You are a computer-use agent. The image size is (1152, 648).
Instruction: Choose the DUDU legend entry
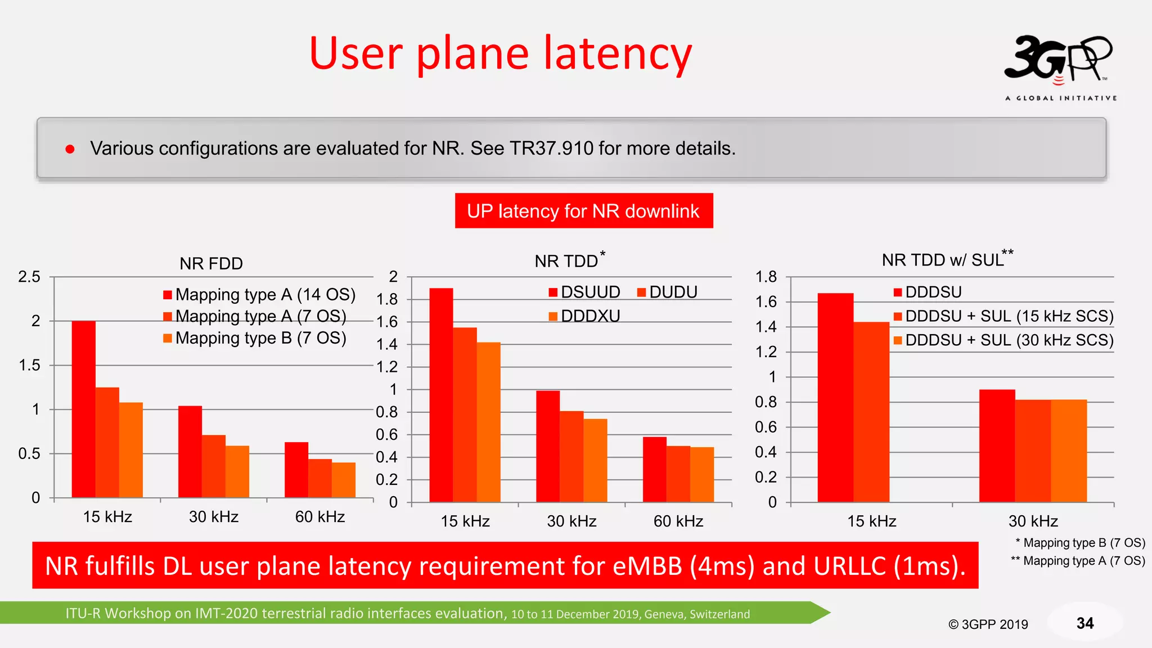click(668, 292)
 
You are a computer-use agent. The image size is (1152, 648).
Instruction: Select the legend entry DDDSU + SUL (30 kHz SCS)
click(1003, 340)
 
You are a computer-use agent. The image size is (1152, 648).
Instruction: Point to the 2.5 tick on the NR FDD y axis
click(29, 277)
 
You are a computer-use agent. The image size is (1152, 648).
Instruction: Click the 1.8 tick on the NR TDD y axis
click(387, 299)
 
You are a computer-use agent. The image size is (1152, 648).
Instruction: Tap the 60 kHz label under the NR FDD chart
click(319, 516)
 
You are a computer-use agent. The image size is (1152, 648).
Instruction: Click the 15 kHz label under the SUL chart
click(871, 521)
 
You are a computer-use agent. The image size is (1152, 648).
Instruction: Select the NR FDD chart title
click(211, 263)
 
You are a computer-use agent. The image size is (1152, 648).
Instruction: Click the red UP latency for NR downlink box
click(583, 211)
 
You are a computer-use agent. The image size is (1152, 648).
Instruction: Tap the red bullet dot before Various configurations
click(70, 149)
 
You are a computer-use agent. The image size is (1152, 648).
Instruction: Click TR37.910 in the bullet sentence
click(551, 148)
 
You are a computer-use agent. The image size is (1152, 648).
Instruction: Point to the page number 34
click(1084, 623)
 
